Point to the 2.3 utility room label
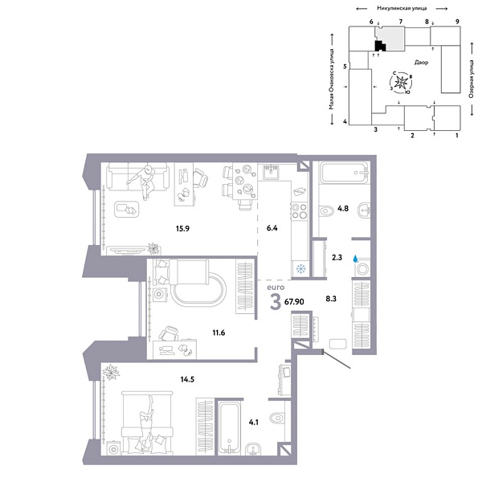[x=337, y=259]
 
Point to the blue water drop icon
[x=354, y=249]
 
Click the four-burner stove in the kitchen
[x=300, y=211]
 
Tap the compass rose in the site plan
[x=402, y=84]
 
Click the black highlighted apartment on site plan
[x=381, y=45]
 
